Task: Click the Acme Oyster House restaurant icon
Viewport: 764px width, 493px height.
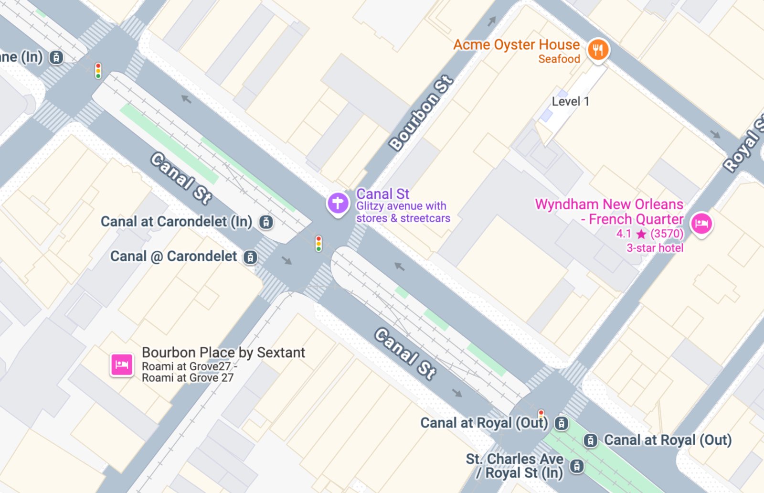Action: coord(598,49)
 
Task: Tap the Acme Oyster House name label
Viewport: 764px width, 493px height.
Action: coord(516,45)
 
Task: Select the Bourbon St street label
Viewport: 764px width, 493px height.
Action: coord(421,113)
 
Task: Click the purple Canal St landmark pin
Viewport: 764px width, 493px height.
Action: coord(338,203)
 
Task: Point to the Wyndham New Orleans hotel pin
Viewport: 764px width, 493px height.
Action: coord(701,223)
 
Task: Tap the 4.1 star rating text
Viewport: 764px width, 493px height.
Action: coord(624,234)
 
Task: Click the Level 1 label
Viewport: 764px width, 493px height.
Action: coord(570,101)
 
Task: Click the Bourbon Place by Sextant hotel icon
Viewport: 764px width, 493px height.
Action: coord(122,365)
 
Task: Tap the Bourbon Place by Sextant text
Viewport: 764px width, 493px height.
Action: coord(223,353)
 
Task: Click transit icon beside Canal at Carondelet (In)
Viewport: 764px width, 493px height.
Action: coord(266,222)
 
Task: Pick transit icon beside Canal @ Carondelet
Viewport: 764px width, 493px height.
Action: coord(250,257)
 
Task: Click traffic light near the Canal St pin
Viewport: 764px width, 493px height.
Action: coord(318,244)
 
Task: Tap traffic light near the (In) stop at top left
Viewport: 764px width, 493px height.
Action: coord(98,71)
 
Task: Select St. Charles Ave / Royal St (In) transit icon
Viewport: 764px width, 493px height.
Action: coord(577,466)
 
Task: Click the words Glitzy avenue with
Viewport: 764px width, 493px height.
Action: coord(401,206)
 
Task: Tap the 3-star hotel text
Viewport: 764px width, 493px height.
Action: coord(655,248)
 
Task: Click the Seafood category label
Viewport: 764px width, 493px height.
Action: coord(559,59)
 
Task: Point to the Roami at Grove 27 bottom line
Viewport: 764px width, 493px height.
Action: coord(188,378)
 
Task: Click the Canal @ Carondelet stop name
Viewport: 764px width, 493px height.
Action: coord(173,257)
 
